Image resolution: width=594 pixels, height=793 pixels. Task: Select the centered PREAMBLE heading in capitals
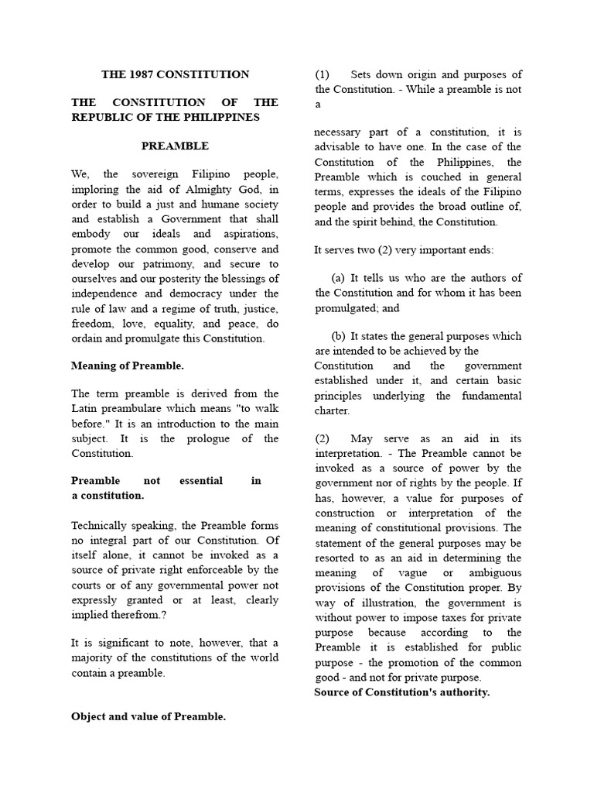pyautogui.click(x=175, y=146)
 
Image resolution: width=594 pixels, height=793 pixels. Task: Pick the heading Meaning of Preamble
pyautogui.click(x=128, y=366)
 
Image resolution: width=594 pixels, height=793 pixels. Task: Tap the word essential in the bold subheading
pyautogui.click(x=200, y=481)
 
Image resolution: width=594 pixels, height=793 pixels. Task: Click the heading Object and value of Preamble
pyautogui.click(x=148, y=716)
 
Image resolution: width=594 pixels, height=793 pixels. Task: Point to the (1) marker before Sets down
pyautogui.click(x=323, y=75)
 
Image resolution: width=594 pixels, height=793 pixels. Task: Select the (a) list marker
pyautogui.click(x=338, y=278)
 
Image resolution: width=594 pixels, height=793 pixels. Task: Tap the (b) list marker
pyautogui.click(x=339, y=336)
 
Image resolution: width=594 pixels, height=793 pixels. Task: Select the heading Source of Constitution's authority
pyautogui.click(x=401, y=692)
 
